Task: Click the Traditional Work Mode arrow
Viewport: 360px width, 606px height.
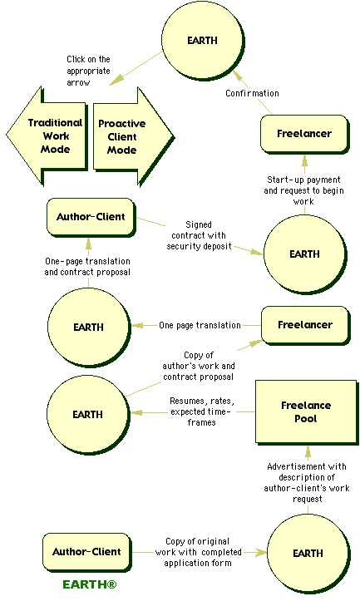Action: (x=48, y=135)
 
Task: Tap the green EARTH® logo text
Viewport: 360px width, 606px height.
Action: (x=89, y=584)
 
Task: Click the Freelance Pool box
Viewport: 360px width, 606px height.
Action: (x=306, y=412)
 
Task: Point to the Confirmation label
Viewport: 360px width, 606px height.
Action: (x=252, y=93)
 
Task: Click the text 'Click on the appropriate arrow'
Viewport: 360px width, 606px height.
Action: (x=88, y=71)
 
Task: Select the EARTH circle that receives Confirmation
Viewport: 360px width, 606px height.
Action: (x=203, y=41)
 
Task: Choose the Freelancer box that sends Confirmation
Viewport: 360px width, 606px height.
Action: (x=304, y=134)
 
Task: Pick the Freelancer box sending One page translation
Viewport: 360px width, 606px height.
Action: (x=305, y=325)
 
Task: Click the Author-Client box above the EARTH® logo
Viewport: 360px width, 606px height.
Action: (x=86, y=552)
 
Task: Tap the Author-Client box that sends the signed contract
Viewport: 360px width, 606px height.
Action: (x=91, y=217)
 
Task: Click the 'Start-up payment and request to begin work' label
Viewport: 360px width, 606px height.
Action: (x=304, y=190)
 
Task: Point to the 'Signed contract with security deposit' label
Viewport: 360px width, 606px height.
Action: (x=199, y=235)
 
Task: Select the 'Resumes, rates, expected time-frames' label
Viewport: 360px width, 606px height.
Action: (x=202, y=411)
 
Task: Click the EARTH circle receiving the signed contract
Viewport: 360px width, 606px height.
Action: (x=305, y=254)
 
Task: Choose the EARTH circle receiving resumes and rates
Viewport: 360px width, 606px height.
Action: (x=88, y=415)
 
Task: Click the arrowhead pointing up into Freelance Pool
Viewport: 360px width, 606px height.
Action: (x=308, y=451)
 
